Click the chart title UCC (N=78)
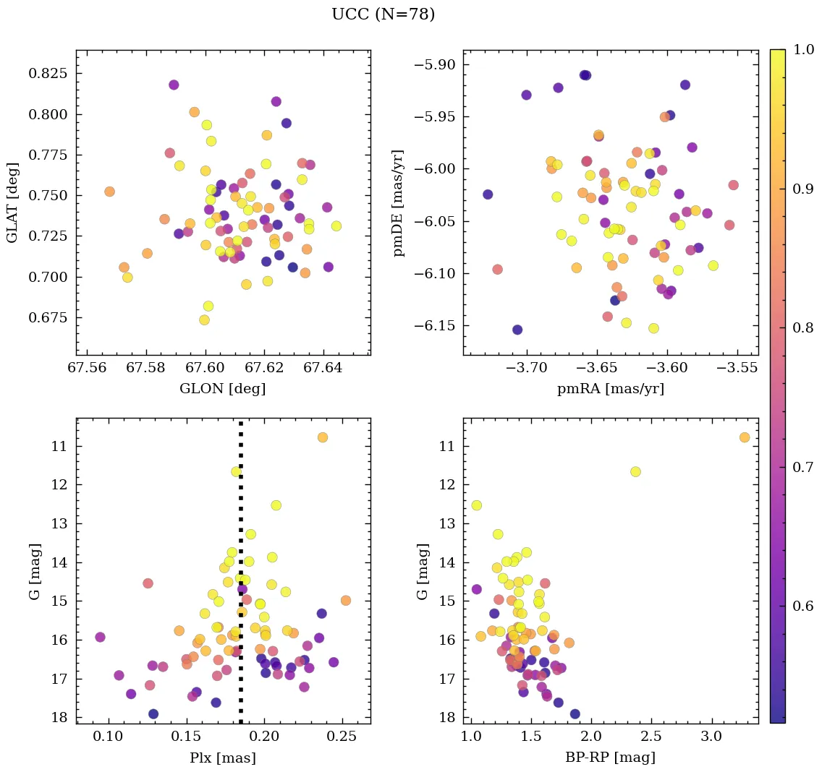[x=383, y=14]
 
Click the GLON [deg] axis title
[x=222, y=389]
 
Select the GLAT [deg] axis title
[x=12, y=202]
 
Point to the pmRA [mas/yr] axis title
[x=610, y=389]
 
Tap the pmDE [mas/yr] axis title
[x=398, y=202]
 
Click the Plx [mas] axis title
[x=222, y=758]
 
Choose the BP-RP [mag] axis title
[x=610, y=758]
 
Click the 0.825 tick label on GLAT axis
[x=48, y=74]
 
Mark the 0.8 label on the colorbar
[x=802, y=328]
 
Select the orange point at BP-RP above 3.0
[x=745, y=437]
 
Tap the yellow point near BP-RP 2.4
[x=635, y=471]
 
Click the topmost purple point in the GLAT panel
[x=174, y=85]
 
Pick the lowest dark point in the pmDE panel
[x=517, y=330]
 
